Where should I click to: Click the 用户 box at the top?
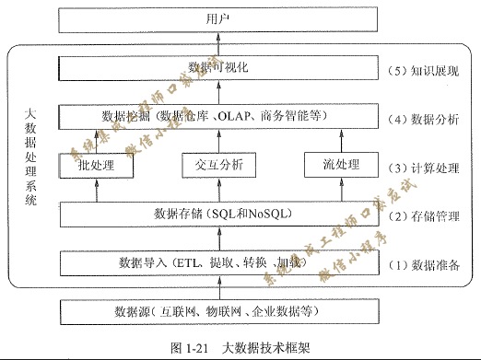218,19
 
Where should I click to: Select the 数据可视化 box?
218,68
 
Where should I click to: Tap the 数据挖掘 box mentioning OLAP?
218,117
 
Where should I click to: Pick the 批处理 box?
97,166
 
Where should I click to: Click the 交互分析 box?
218,166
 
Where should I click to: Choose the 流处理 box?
340,166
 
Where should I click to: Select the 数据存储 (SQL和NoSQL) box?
218,214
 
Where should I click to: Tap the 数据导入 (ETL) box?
218,262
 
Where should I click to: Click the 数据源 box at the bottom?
218,311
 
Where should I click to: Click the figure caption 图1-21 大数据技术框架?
240,348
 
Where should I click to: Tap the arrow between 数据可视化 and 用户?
218,43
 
